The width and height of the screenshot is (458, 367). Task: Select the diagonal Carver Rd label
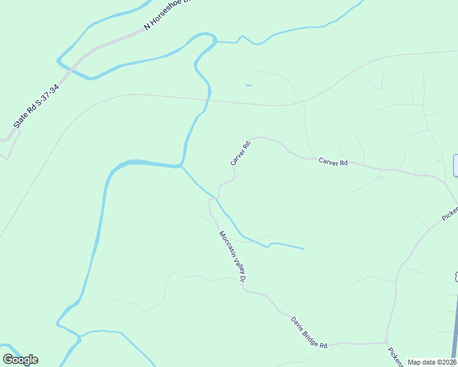tap(241, 154)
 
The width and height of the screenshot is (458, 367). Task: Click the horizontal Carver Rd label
tap(333, 162)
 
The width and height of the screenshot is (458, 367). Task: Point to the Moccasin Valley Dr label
tap(233, 256)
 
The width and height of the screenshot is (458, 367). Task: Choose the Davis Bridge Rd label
tap(309, 331)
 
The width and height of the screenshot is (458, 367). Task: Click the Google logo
tap(20, 360)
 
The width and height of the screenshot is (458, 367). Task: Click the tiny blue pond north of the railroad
tap(249, 85)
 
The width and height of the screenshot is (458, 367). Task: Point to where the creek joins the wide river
tap(181, 165)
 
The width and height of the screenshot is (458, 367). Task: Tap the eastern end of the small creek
tap(303, 249)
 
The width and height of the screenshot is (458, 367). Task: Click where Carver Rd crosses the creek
tap(216, 198)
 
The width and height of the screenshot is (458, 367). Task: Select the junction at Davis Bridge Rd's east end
tap(386, 342)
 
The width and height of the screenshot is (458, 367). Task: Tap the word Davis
tap(297, 322)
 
